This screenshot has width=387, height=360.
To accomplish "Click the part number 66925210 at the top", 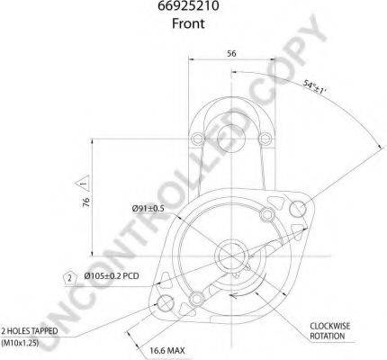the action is [188, 6].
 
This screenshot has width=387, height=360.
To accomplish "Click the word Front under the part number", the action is [188, 23].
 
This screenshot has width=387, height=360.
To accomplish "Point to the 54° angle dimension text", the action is [314, 87].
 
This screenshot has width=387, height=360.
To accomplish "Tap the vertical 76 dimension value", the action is [86, 202].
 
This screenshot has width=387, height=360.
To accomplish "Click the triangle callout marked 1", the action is [83, 183].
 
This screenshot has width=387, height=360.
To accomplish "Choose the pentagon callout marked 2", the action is [69, 278].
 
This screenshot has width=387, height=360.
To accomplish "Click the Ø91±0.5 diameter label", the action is [148, 208].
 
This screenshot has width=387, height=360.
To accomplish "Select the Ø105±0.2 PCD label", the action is [112, 275].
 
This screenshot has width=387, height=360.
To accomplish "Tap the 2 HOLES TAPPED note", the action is [30, 331].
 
